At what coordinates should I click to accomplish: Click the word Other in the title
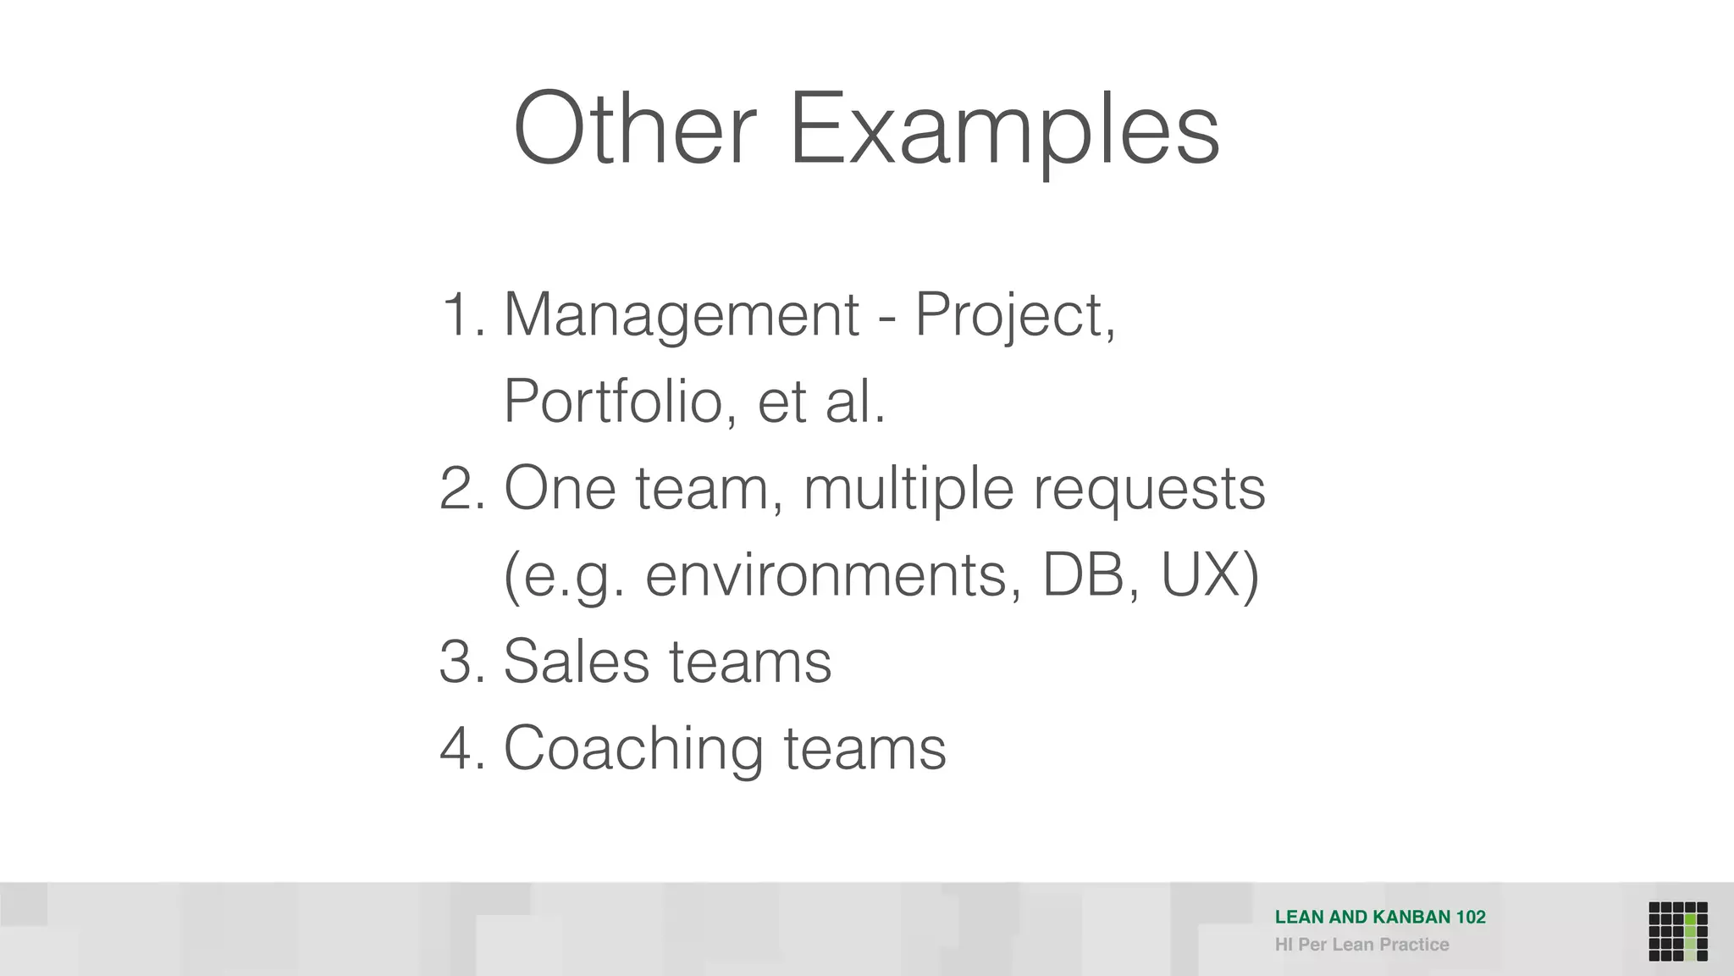point(634,129)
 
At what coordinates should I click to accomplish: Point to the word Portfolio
point(614,402)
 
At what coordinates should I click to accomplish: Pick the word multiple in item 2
point(908,491)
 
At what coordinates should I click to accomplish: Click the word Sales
point(575,662)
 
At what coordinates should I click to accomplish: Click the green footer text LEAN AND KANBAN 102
point(1380,917)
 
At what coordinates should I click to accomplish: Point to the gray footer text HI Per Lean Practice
point(1361,945)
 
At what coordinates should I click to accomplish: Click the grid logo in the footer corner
point(1677,931)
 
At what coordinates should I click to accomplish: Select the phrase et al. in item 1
point(820,402)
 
